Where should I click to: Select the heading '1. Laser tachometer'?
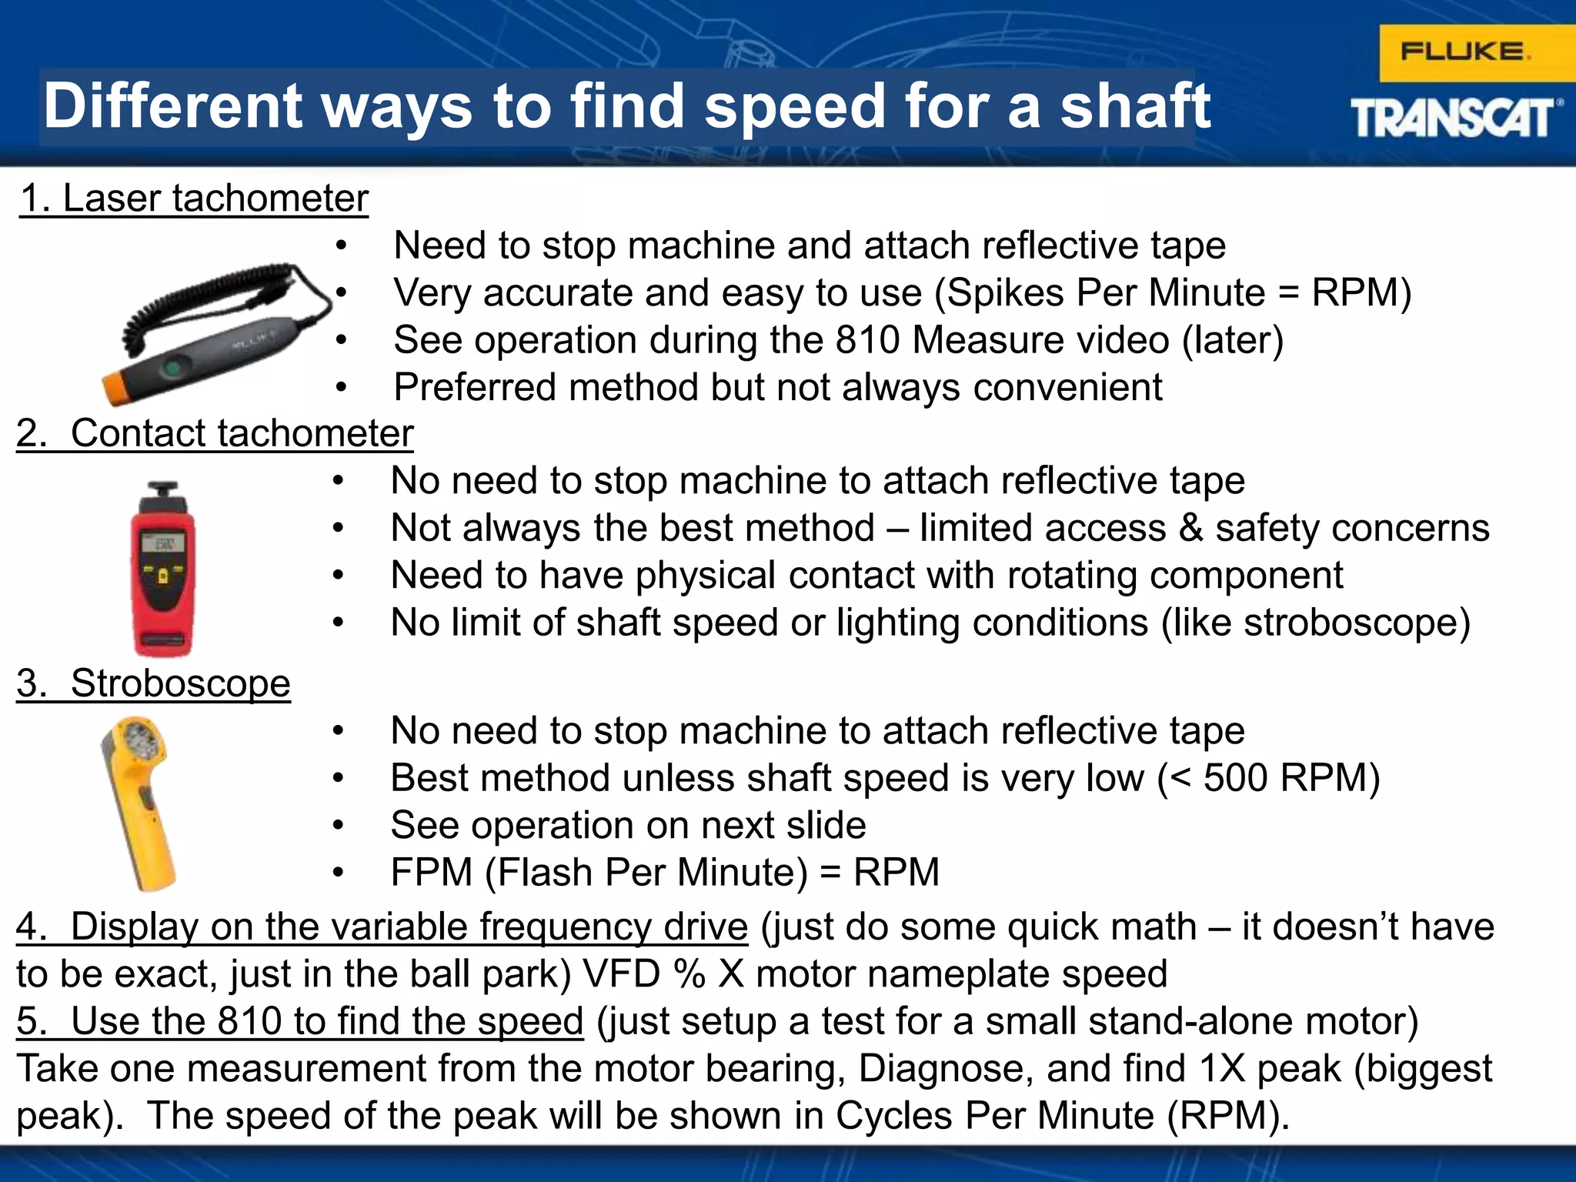(x=194, y=199)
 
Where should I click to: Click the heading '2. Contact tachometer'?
(x=215, y=433)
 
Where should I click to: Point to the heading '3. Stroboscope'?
(x=154, y=683)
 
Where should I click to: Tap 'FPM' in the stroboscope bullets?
(x=431, y=873)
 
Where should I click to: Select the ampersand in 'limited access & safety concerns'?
(x=1190, y=529)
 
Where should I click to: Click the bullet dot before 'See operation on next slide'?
(x=338, y=826)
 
